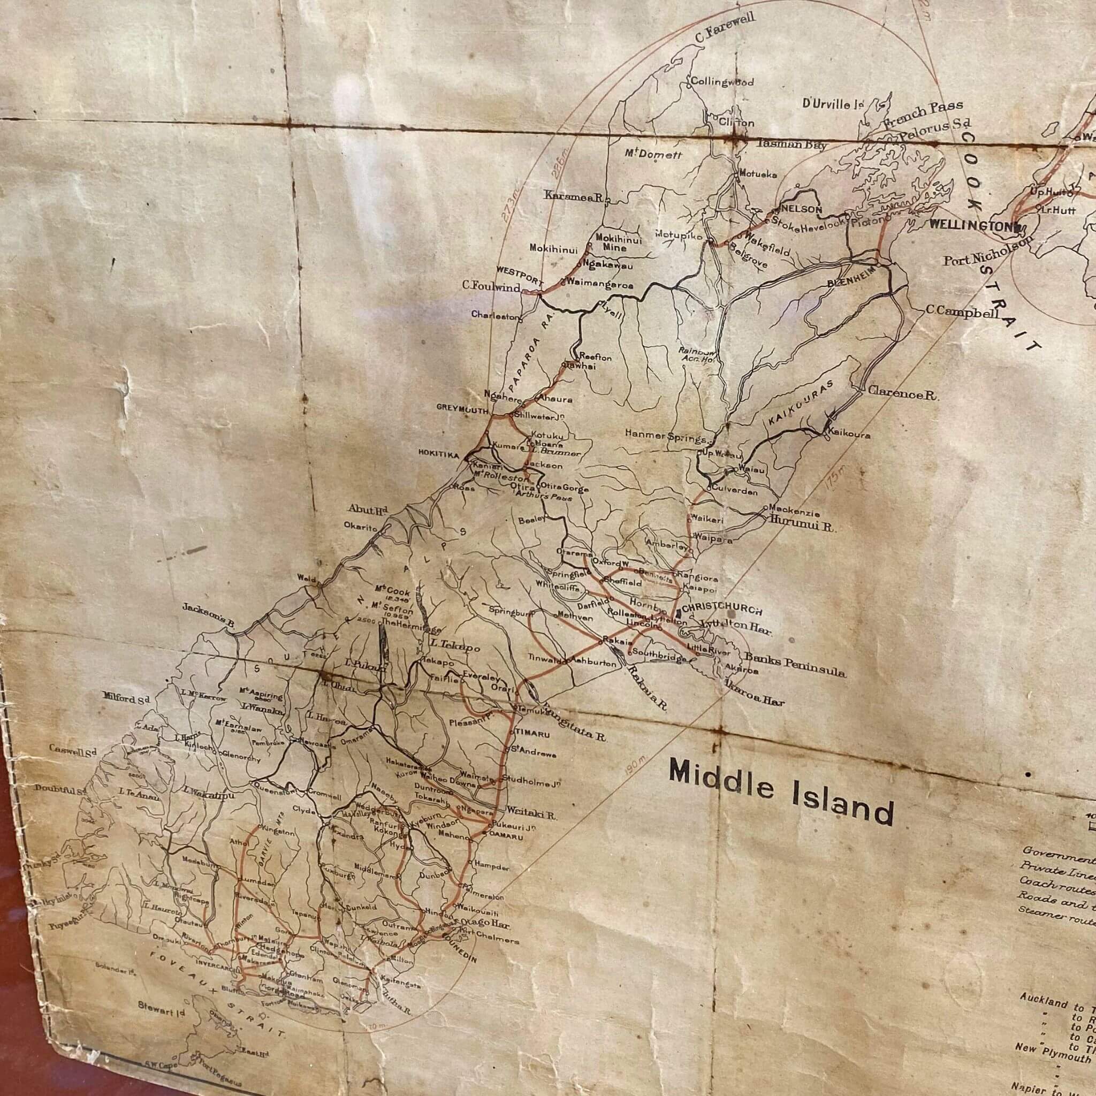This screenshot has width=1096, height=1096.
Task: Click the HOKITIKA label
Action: (438, 454)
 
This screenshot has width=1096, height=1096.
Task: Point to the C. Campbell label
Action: (962, 311)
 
